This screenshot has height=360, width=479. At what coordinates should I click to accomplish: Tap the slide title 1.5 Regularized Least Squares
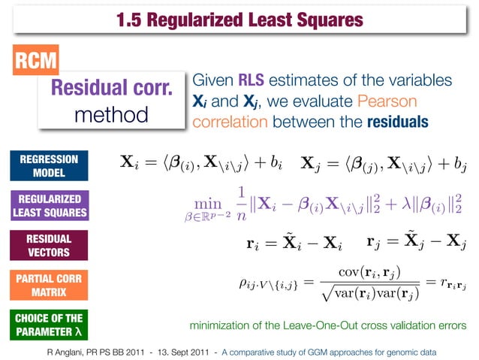click(239, 20)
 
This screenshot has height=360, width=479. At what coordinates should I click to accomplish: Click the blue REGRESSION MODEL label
click(44, 167)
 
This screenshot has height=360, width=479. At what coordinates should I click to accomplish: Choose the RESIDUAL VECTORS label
click(44, 246)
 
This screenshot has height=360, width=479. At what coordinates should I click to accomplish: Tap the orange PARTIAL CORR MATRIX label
click(44, 284)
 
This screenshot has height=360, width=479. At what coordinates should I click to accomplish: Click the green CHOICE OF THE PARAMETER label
click(44, 324)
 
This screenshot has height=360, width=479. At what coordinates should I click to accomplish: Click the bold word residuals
click(398, 121)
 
